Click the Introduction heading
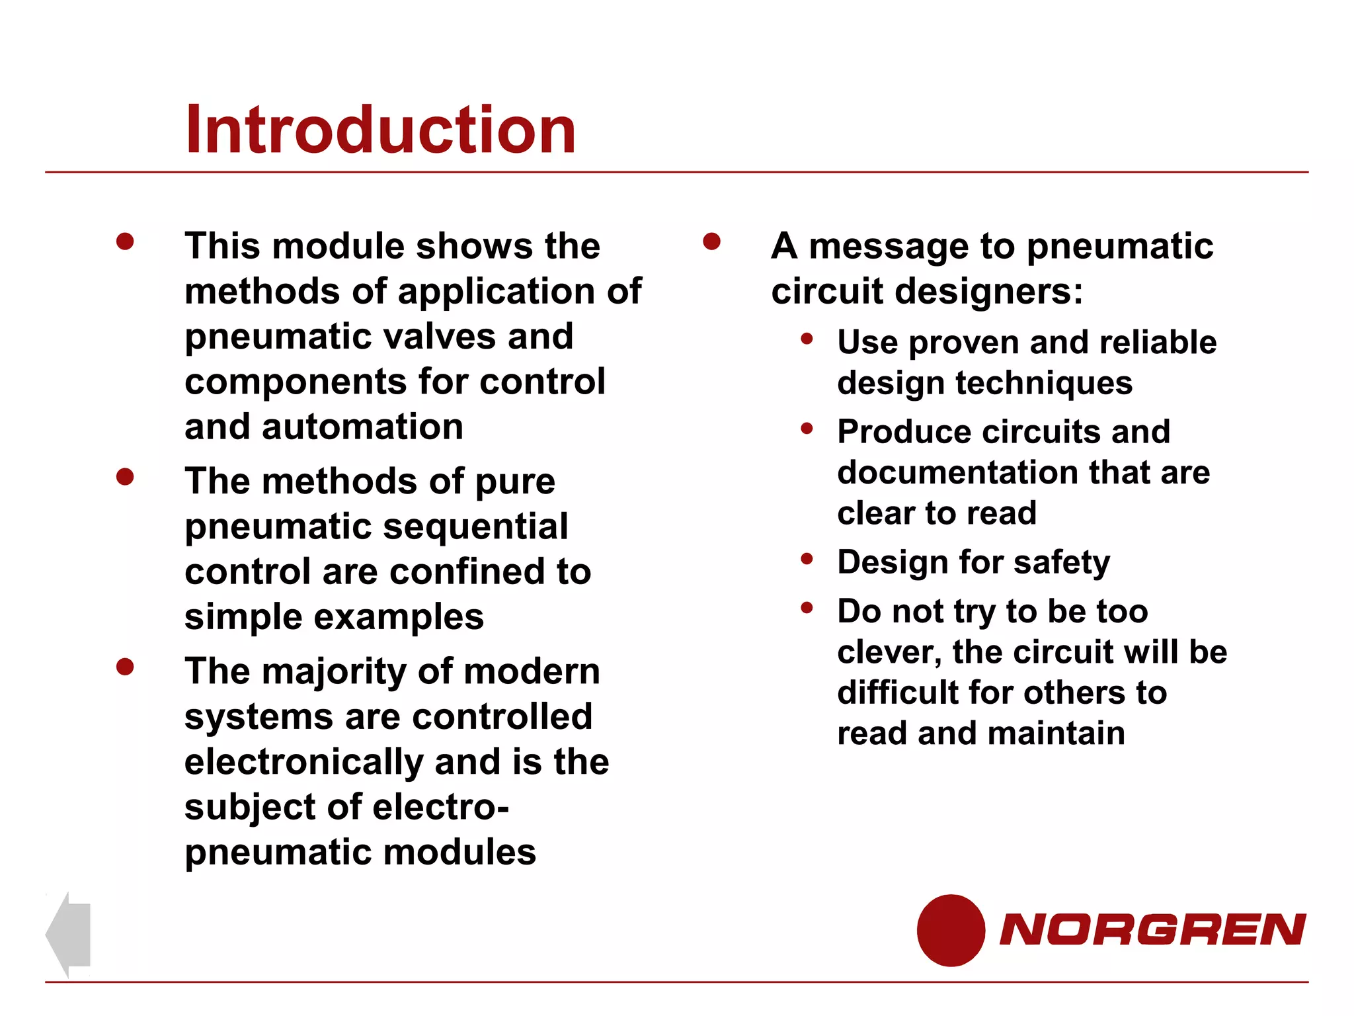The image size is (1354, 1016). [x=380, y=130]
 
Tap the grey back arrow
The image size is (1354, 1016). [x=68, y=934]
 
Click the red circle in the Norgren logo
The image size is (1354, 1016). [x=951, y=930]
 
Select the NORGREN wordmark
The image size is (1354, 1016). [x=1152, y=929]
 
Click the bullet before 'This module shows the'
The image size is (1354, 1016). [x=125, y=241]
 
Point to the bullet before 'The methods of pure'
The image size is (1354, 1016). [x=125, y=476]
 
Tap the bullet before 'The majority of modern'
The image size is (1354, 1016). [x=125, y=666]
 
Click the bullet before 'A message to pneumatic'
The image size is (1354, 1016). [x=711, y=241]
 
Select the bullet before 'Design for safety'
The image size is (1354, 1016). [x=807, y=559]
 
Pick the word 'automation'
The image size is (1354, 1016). [x=362, y=427]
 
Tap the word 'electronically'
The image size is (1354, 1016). [x=303, y=762]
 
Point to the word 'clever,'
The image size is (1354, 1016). [x=889, y=653]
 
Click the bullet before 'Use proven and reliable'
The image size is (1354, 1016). [x=807, y=339]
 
